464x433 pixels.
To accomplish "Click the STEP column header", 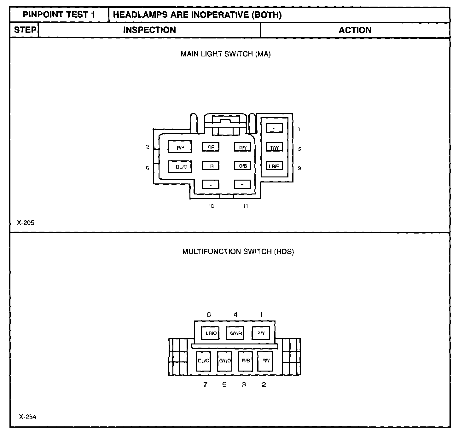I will click(x=25, y=30).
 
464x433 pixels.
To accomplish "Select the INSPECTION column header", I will click(x=149, y=30).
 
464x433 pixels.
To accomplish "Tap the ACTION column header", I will click(x=355, y=30).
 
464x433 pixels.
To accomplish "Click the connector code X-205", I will click(x=26, y=223).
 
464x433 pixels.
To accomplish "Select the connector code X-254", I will click(x=27, y=417).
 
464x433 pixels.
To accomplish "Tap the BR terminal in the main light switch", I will click(x=211, y=147).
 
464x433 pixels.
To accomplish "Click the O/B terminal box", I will click(x=242, y=166).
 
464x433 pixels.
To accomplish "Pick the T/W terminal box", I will click(x=274, y=147).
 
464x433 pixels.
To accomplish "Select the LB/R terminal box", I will click(x=274, y=166).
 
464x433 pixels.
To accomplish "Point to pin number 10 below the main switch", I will click(x=211, y=206).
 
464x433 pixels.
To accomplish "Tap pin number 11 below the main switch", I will click(x=245, y=206).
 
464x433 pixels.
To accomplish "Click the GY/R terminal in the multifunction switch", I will click(x=235, y=333).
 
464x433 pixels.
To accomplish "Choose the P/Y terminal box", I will click(x=261, y=333).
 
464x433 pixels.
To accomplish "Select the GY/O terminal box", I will click(x=225, y=361).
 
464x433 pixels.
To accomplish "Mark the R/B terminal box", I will click(x=246, y=361).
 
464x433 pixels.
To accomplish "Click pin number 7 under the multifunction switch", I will click(x=205, y=384).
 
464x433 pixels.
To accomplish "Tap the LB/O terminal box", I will click(x=210, y=333).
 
